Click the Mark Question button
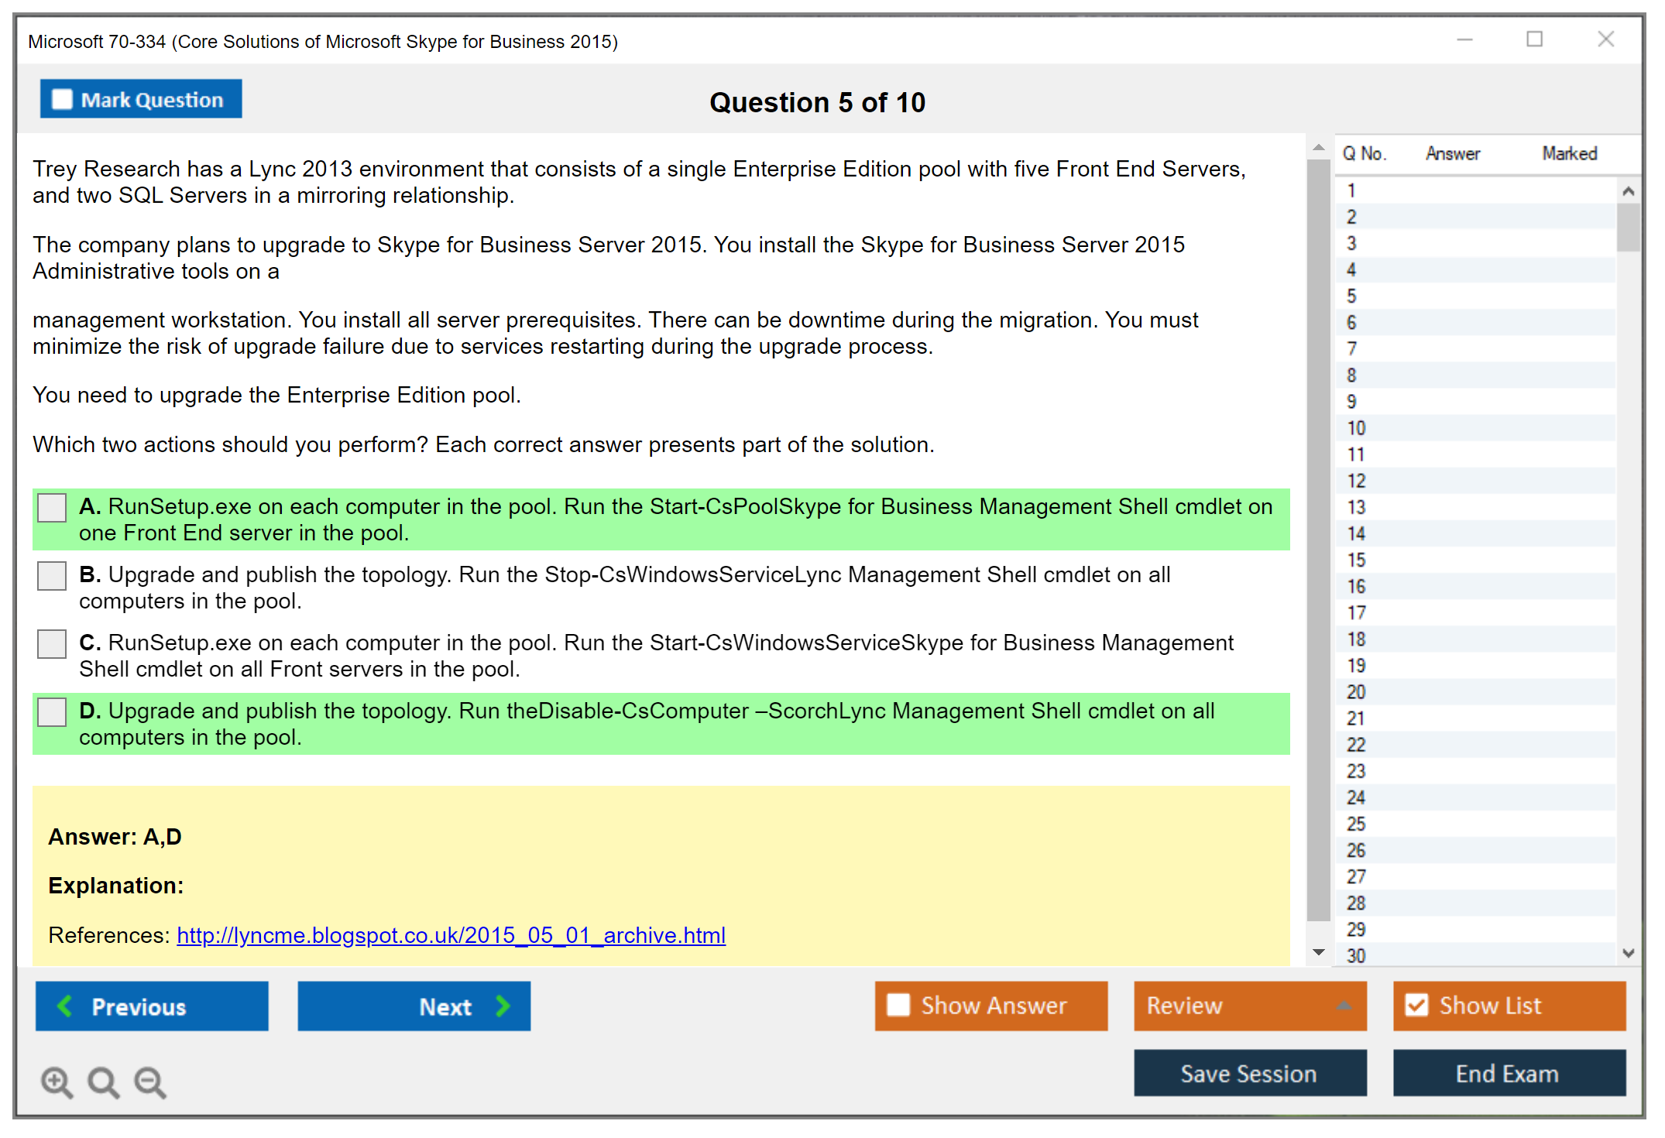pyautogui.click(x=141, y=99)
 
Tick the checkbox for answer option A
pyautogui.click(x=52, y=508)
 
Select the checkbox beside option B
pyautogui.click(x=52, y=576)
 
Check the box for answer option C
pyautogui.click(x=52, y=644)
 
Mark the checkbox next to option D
pyautogui.click(x=52, y=712)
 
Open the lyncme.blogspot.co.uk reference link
pyautogui.click(x=451, y=935)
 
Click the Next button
pyautogui.click(x=414, y=1006)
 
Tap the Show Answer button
pyautogui.click(x=990, y=1006)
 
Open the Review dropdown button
pyautogui.click(x=1249, y=1006)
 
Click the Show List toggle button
pyautogui.click(x=1509, y=1006)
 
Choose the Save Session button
pyautogui.click(x=1249, y=1074)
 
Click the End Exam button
pyautogui.click(x=1509, y=1074)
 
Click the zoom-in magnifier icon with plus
pyautogui.click(x=57, y=1082)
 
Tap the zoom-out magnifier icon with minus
pyautogui.click(x=149, y=1082)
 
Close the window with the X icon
pyautogui.click(x=1605, y=39)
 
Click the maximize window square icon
pyautogui.click(x=1534, y=39)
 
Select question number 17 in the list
pyautogui.click(x=1356, y=613)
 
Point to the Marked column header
pyautogui.click(x=1569, y=153)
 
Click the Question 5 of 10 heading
pyautogui.click(x=817, y=102)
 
